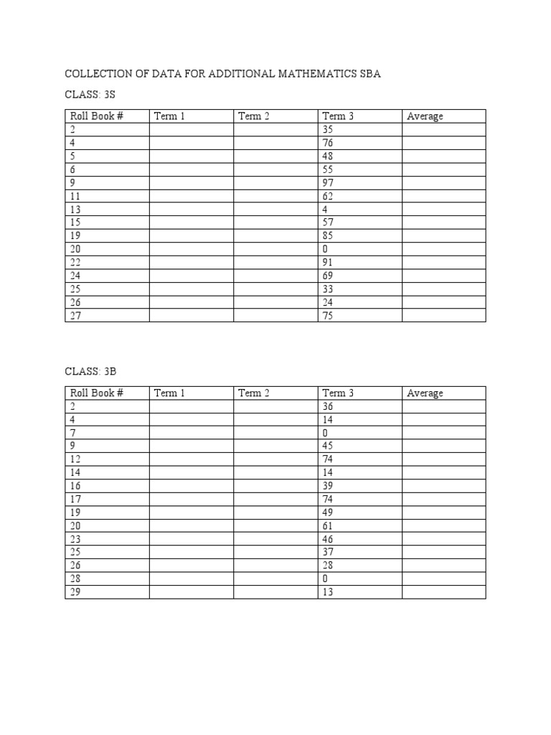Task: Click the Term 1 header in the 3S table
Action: (169, 116)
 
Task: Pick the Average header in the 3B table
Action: (425, 393)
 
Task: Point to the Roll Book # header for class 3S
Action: (97, 116)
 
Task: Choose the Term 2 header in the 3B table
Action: (254, 393)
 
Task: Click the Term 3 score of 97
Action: (328, 182)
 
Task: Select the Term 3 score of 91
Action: (328, 262)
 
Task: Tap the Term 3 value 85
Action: (328, 235)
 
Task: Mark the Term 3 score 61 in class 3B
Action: (328, 526)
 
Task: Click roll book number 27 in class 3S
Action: (75, 315)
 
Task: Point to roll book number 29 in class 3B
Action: (75, 592)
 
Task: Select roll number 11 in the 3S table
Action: (75, 196)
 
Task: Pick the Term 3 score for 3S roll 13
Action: (326, 209)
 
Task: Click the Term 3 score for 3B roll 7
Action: (326, 434)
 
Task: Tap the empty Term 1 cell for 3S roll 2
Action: (192, 130)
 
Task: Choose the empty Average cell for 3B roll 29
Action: (443, 592)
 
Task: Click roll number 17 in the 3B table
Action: (75, 500)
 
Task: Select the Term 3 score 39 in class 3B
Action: (328, 487)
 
